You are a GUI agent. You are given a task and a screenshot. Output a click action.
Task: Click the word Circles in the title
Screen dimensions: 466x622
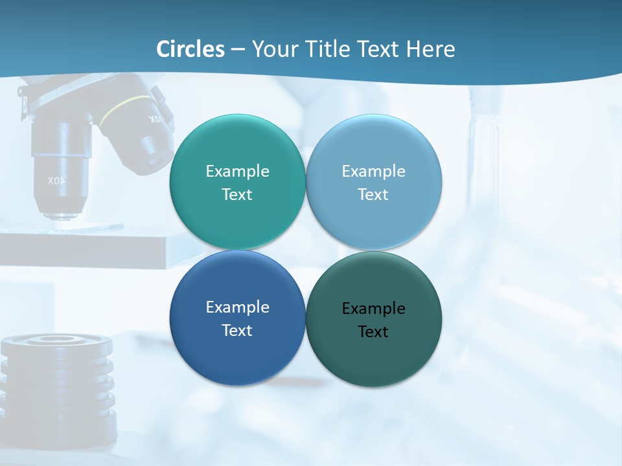[190, 49]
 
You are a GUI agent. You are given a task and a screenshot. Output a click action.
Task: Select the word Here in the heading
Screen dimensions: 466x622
[430, 49]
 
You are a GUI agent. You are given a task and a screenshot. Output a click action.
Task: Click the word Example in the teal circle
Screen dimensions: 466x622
[237, 171]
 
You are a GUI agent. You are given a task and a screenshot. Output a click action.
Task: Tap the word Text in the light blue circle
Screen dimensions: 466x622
[373, 195]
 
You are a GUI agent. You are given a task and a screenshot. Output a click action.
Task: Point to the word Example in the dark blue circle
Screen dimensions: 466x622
[237, 307]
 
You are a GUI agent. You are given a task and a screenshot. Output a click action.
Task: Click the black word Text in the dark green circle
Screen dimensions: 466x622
[373, 332]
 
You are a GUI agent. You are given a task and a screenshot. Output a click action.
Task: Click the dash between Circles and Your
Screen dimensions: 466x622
[238, 49]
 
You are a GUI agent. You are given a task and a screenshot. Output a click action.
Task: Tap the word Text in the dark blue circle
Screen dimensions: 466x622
[237, 331]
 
